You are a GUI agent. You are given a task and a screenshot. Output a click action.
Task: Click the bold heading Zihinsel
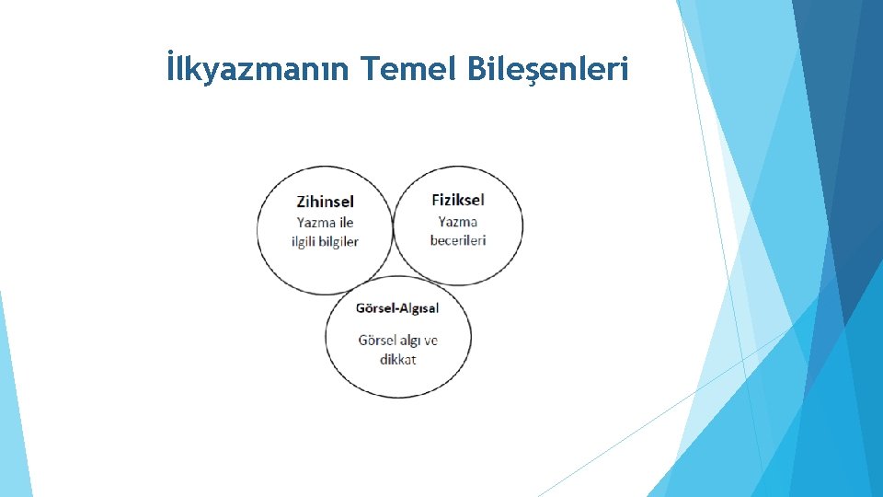pyautogui.click(x=325, y=201)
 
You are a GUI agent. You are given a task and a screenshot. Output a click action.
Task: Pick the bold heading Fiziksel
pyautogui.click(x=457, y=199)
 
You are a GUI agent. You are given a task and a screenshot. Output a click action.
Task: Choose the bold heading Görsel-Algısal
pyautogui.click(x=397, y=307)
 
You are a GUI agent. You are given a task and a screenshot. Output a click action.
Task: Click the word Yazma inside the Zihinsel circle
pyautogui.click(x=312, y=222)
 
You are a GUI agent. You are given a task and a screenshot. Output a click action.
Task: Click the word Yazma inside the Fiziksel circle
pyautogui.click(x=457, y=221)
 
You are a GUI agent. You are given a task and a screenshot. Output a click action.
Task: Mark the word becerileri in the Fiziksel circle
pyautogui.click(x=457, y=240)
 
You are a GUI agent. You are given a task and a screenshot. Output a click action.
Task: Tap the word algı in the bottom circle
pyautogui.click(x=410, y=341)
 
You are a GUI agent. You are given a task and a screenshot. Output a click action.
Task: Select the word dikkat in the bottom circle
pyautogui.click(x=397, y=359)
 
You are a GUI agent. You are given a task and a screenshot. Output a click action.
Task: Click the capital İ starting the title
pyautogui.click(x=171, y=68)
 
